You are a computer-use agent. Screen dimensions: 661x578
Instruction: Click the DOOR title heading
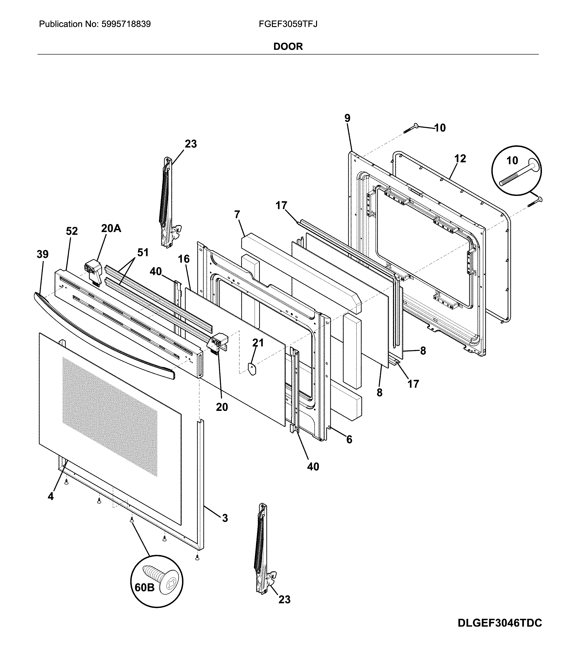coord(288,46)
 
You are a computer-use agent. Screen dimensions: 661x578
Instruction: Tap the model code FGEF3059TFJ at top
coord(288,24)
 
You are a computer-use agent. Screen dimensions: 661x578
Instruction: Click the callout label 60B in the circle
coord(144,588)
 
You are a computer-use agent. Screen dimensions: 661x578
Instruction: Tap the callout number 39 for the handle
coord(42,254)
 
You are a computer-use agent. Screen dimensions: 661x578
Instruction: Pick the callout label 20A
coord(111,228)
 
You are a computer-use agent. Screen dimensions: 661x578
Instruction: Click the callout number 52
coord(72,231)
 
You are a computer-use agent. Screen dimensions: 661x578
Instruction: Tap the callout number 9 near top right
coord(347,118)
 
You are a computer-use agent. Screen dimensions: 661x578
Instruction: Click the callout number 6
coord(349,439)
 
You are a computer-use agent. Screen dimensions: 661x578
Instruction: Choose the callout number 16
coord(184,259)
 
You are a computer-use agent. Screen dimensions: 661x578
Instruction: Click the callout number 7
coord(237,214)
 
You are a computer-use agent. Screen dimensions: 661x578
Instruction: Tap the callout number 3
coord(225,518)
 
